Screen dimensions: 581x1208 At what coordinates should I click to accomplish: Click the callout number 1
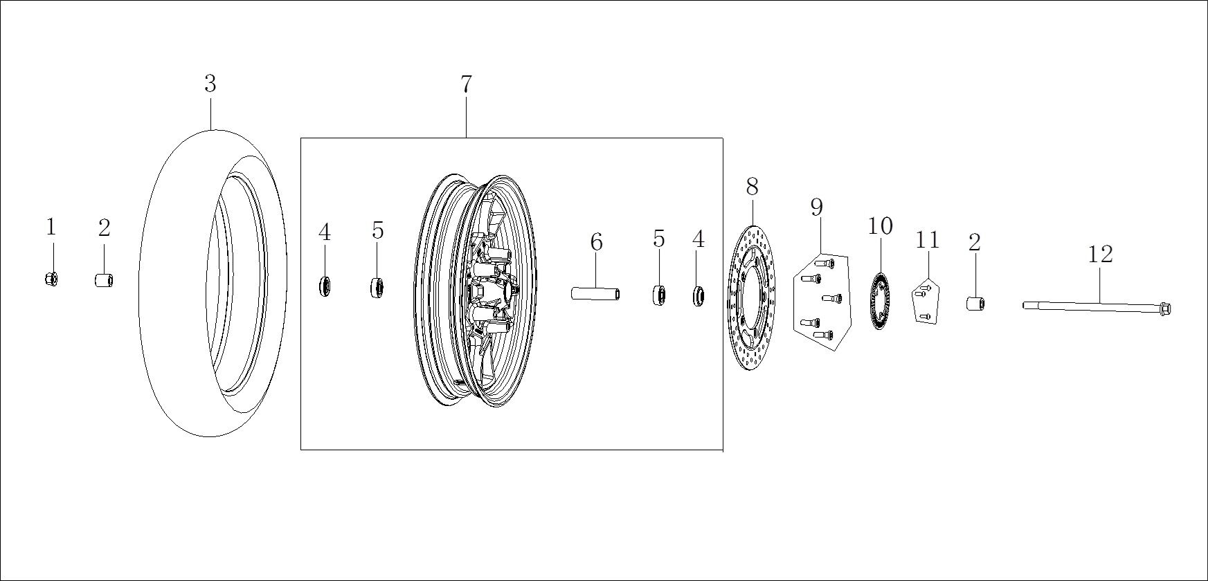point(51,227)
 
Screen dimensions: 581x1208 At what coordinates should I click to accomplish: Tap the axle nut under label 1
point(51,279)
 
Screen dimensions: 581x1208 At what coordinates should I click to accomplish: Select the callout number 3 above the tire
point(210,84)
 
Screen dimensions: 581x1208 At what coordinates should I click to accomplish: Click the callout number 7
point(466,84)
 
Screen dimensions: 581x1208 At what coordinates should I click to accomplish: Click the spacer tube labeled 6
point(595,293)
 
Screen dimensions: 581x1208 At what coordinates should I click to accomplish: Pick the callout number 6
point(596,243)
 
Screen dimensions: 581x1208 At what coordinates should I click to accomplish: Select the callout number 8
point(752,187)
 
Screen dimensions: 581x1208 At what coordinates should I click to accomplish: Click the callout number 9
point(817,207)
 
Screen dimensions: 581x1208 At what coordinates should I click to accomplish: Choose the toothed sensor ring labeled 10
point(879,302)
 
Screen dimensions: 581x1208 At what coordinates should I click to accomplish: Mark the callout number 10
point(881,226)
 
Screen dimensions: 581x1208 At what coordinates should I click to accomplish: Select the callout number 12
point(1100,255)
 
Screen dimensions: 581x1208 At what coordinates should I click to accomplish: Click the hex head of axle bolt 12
point(1164,308)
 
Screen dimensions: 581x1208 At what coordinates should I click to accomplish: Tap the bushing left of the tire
point(104,280)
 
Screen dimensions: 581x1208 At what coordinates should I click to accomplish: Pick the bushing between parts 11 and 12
point(975,304)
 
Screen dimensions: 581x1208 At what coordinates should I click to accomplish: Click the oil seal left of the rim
point(325,286)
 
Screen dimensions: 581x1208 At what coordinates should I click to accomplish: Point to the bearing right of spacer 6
point(658,295)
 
